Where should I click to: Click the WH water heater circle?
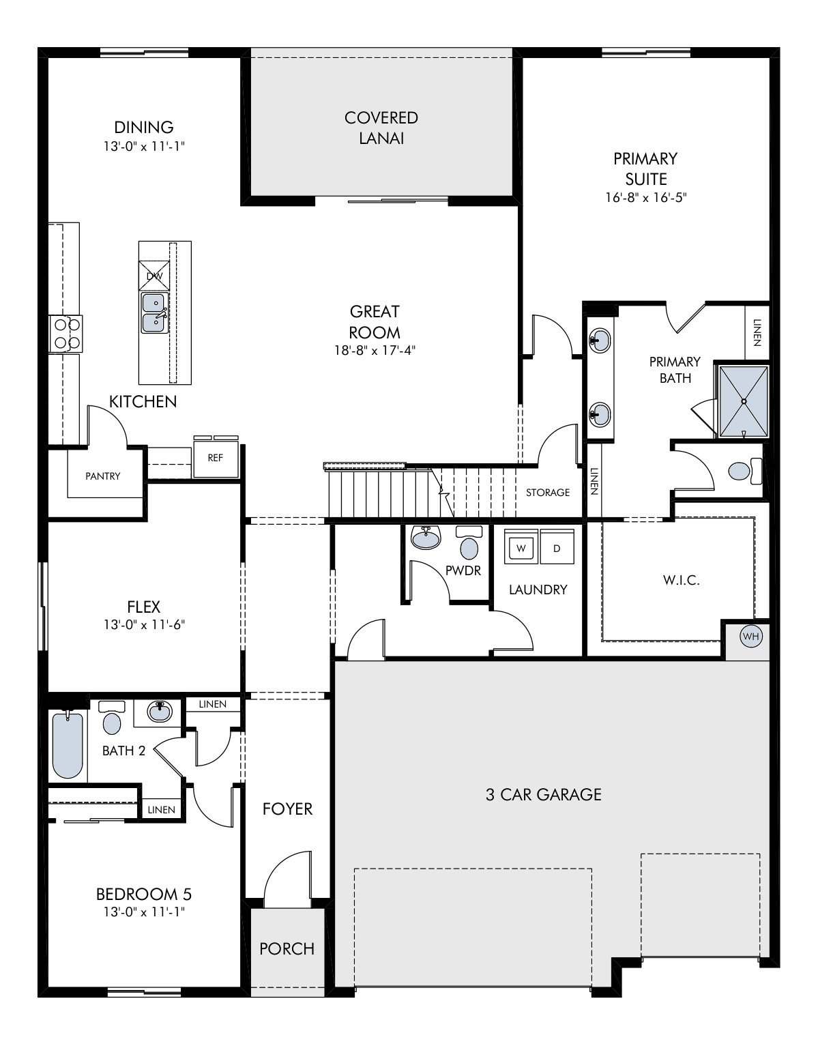click(x=750, y=637)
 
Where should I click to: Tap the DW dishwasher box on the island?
click(x=154, y=276)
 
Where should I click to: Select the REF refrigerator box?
click(x=216, y=458)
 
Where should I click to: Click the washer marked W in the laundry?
click(x=521, y=547)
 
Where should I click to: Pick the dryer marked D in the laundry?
click(x=557, y=547)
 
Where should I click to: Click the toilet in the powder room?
click(x=469, y=542)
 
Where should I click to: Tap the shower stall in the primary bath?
click(x=743, y=402)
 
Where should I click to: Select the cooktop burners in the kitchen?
click(x=66, y=333)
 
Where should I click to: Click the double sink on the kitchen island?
click(x=155, y=313)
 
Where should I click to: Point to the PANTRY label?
click(x=102, y=476)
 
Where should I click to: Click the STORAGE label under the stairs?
click(x=548, y=493)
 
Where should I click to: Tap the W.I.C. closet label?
click(x=682, y=580)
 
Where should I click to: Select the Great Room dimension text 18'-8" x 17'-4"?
click(x=375, y=350)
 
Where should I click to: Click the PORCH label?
click(x=287, y=948)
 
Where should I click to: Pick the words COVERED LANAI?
click(x=381, y=128)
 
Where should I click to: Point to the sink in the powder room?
click(x=426, y=538)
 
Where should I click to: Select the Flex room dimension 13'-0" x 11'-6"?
click(x=145, y=625)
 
